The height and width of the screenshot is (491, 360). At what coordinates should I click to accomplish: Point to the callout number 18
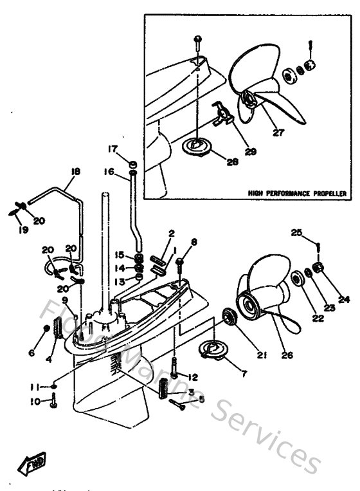pos(75,171)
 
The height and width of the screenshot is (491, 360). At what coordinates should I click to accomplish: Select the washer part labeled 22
pos(298,279)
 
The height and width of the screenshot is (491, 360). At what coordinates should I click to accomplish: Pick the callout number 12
pos(192,376)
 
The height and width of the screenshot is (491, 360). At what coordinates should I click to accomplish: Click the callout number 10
pos(36,402)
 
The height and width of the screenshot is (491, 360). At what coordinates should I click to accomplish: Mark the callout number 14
pos(120,268)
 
